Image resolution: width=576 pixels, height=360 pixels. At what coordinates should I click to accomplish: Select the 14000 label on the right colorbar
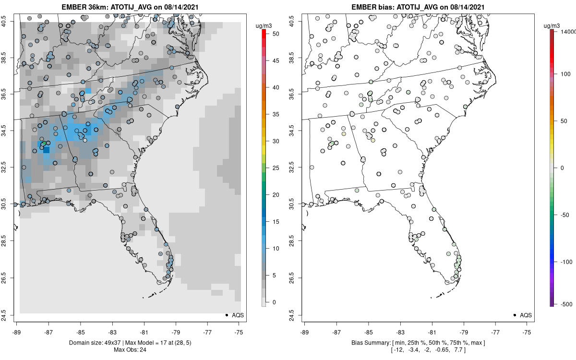(x=568, y=31)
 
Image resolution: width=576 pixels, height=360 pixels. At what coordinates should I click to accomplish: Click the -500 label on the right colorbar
(x=567, y=303)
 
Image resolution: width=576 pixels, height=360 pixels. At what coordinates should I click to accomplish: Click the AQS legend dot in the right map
(x=514, y=315)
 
